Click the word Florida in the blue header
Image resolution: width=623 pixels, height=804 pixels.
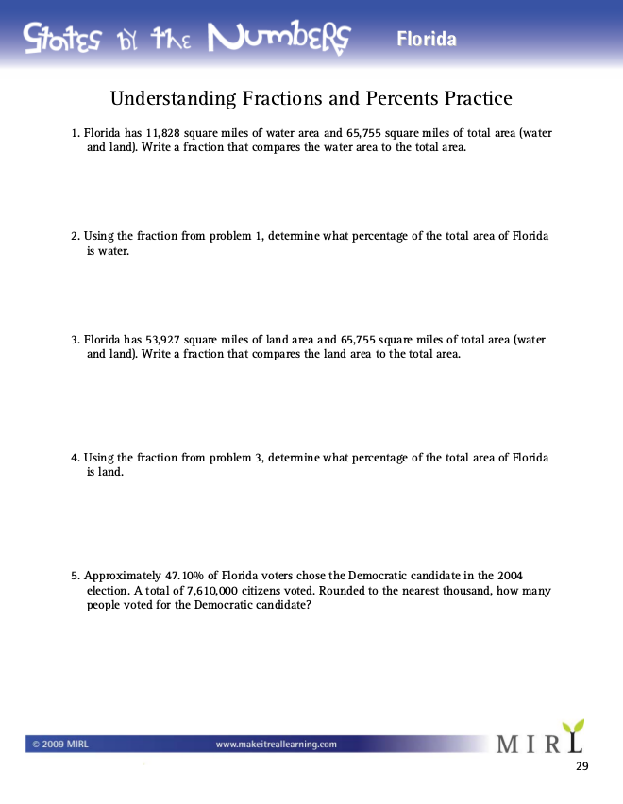[426, 40]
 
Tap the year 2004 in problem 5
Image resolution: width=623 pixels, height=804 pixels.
[508, 576]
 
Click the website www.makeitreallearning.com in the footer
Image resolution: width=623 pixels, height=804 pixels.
[277, 745]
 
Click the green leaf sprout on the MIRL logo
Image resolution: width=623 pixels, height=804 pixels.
[571, 729]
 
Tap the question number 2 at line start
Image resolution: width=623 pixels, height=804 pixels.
[75, 236]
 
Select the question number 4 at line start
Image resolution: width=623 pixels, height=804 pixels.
[75, 458]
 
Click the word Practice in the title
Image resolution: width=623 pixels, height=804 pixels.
[477, 98]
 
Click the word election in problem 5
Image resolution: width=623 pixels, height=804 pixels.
[107, 591]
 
